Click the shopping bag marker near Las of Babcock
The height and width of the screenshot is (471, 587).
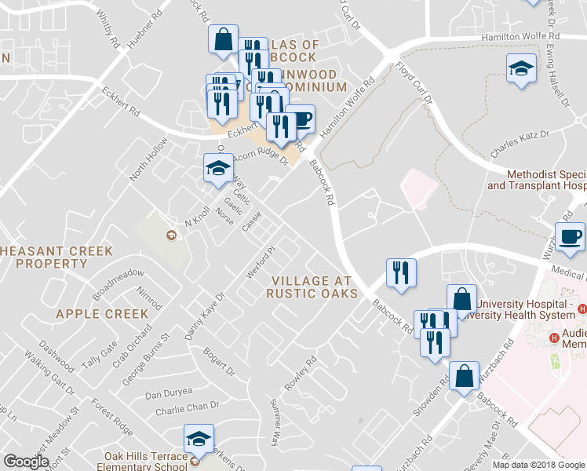pyautogui.click(x=223, y=38)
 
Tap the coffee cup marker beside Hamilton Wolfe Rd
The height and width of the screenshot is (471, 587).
pyautogui.click(x=300, y=120)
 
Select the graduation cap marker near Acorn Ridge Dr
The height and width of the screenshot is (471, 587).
pyautogui.click(x=218, y=168)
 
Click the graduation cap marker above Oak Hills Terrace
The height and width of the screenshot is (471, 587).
pyautogui.click(x=199, y=439)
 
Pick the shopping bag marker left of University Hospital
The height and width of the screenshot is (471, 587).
pyautogui.click(x=461, y=298)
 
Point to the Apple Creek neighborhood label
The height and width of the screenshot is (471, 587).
pyautogui.click(x=102, y=314)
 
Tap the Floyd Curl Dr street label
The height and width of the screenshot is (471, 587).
pyautogui.click(x=414, y=84)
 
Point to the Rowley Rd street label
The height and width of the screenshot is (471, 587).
pyautogui.click(x=301, y=374)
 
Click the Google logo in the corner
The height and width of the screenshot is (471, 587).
pyautogui.click(x=26, y=461)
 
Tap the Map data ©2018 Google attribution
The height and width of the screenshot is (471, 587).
pyautogui.click(x=538, y=465)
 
